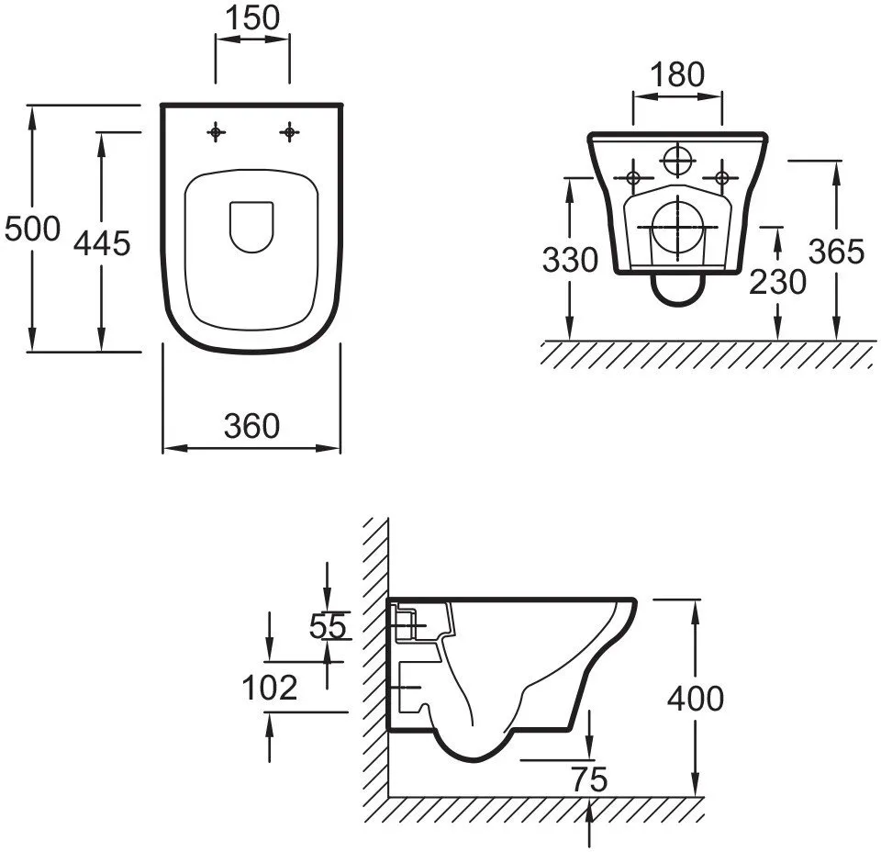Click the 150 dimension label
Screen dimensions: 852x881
252,17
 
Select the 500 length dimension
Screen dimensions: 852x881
32,228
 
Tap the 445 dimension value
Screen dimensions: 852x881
102,244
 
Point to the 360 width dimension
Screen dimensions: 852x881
251,426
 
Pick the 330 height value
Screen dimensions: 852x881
570,261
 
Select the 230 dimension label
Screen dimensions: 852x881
777,282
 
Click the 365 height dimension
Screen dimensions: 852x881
836,251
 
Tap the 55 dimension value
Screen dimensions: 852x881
328,626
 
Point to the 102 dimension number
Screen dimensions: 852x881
270,687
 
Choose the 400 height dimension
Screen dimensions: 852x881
695,699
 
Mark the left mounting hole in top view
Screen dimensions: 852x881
216,133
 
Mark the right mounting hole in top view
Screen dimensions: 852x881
290,133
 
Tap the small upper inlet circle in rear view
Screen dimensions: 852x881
677,161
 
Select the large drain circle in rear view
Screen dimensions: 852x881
677,227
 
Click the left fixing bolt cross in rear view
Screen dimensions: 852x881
632,176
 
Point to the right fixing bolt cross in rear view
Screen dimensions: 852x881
722,176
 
